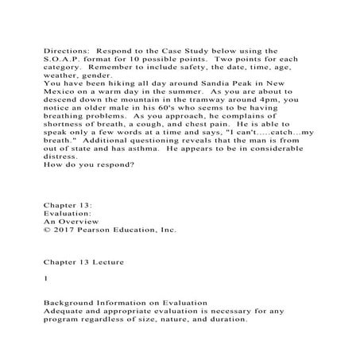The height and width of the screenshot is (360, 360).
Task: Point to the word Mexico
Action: [x=61, y=91]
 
